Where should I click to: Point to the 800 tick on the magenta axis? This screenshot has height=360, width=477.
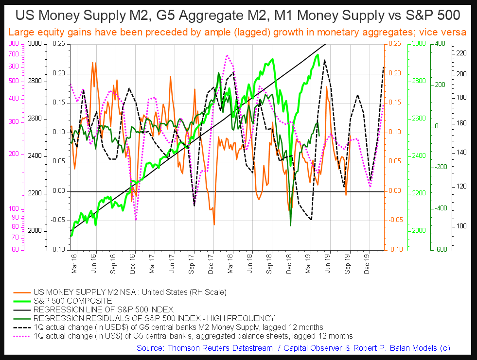click(13, 44)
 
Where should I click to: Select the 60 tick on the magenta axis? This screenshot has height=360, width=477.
click(15, 249)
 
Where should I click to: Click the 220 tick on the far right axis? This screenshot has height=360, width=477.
click(460, 53)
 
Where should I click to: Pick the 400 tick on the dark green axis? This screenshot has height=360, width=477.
click(440, 44)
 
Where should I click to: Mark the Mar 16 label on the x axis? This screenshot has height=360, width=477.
click(73, 263)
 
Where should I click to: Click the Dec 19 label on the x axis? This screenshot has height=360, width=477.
click(368, 263)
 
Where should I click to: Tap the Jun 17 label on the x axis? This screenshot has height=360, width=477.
click(172, 263)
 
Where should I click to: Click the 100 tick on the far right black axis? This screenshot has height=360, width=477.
click(460, 226)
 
